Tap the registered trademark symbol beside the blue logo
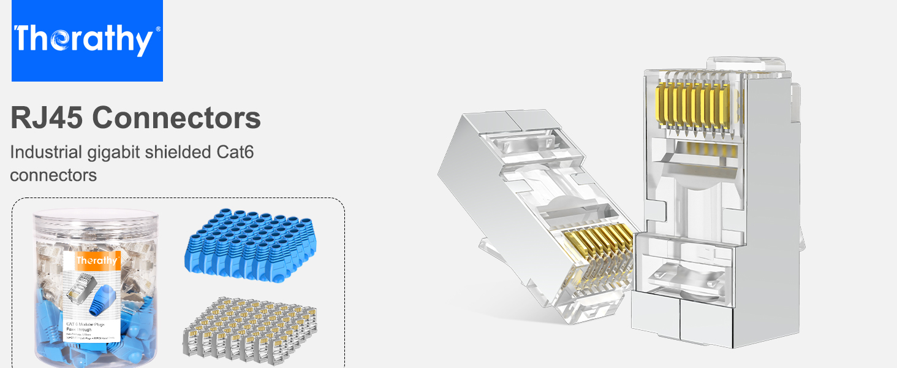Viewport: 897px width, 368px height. click(x=158, y=29)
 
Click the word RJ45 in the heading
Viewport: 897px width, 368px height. click(x=47, y=118)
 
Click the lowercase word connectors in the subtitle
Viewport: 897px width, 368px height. click(x=53, y=175)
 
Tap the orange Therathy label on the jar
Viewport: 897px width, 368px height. click(x=96, y=261)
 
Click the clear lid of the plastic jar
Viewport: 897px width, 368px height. click(x=77, y=218)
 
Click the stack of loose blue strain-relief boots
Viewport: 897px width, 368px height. click(x=244, y=244)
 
